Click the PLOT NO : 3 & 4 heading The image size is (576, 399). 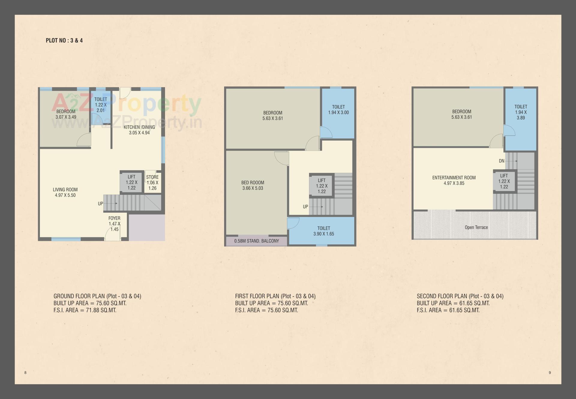pos(64,40)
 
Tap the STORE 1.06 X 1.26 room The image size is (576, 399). pos(152,182)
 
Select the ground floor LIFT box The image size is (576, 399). pos(131,182)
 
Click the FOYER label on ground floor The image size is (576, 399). pos(114,218)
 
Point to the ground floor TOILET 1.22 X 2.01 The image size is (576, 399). pos(100,105)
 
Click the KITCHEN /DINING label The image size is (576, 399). pos(139,127)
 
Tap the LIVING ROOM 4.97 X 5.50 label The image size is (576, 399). pos(65,192)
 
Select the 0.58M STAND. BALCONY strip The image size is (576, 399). pos(256,241)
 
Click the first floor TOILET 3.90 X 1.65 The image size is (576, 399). pos(323,231)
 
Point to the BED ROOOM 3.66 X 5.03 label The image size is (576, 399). pos(253,185)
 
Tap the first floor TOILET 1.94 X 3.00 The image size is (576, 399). pos(338,109)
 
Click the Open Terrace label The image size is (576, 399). pos(476,227)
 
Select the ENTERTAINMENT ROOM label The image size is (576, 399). pos(454,178)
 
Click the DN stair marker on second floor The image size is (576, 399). pos(502,161)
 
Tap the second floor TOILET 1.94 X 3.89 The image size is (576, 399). pos(520,112)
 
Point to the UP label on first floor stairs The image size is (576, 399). pos(305,207)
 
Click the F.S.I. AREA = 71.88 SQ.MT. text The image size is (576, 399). pos(85,310)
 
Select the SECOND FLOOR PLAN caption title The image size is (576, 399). pos(460,296)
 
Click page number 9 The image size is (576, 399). pos(550,373)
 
